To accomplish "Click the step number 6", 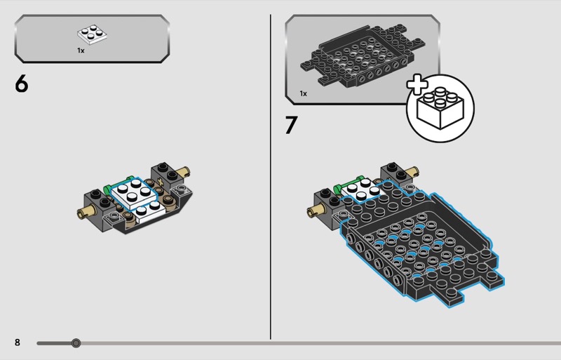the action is [x=21, y=84].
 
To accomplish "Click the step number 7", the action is [x=291, y=125].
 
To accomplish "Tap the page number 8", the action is [x=17, y=342].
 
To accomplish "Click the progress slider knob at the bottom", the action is [x=76, y=343].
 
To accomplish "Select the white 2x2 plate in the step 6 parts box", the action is [x=93, y=34].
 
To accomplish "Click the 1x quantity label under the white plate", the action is [x=81, y=51].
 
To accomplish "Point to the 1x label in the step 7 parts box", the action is [x=303, y=93].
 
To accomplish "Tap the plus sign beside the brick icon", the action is [x=417, y=84].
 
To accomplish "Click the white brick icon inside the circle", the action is [x=440, y=108].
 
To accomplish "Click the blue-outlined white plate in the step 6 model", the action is [x=134, y=193].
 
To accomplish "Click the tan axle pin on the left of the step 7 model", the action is [x=314, y=212].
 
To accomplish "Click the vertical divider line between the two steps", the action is [x=271, y=177].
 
